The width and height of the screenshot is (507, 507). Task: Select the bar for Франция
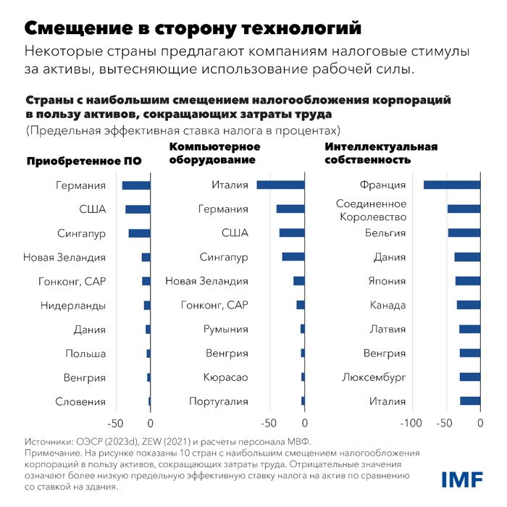452,185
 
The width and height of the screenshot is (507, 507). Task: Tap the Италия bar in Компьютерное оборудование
281,185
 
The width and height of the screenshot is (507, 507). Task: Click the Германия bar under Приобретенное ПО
136,185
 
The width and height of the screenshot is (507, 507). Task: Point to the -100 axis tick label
410,424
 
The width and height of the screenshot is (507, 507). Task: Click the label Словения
80,402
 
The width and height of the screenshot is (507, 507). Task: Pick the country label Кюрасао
226,377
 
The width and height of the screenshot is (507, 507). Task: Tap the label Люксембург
374,377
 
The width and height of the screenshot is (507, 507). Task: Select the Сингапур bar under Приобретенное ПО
139,233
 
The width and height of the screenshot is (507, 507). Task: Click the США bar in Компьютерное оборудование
292,233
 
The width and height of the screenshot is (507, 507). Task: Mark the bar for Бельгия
464,233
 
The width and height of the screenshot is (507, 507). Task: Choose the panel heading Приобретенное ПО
84,161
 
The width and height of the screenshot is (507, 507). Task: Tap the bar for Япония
467,281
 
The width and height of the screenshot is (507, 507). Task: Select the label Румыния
226,330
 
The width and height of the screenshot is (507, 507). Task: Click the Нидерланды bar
147,306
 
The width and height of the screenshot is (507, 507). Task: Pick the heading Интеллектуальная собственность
381,154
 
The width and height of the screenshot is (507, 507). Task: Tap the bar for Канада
468,306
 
